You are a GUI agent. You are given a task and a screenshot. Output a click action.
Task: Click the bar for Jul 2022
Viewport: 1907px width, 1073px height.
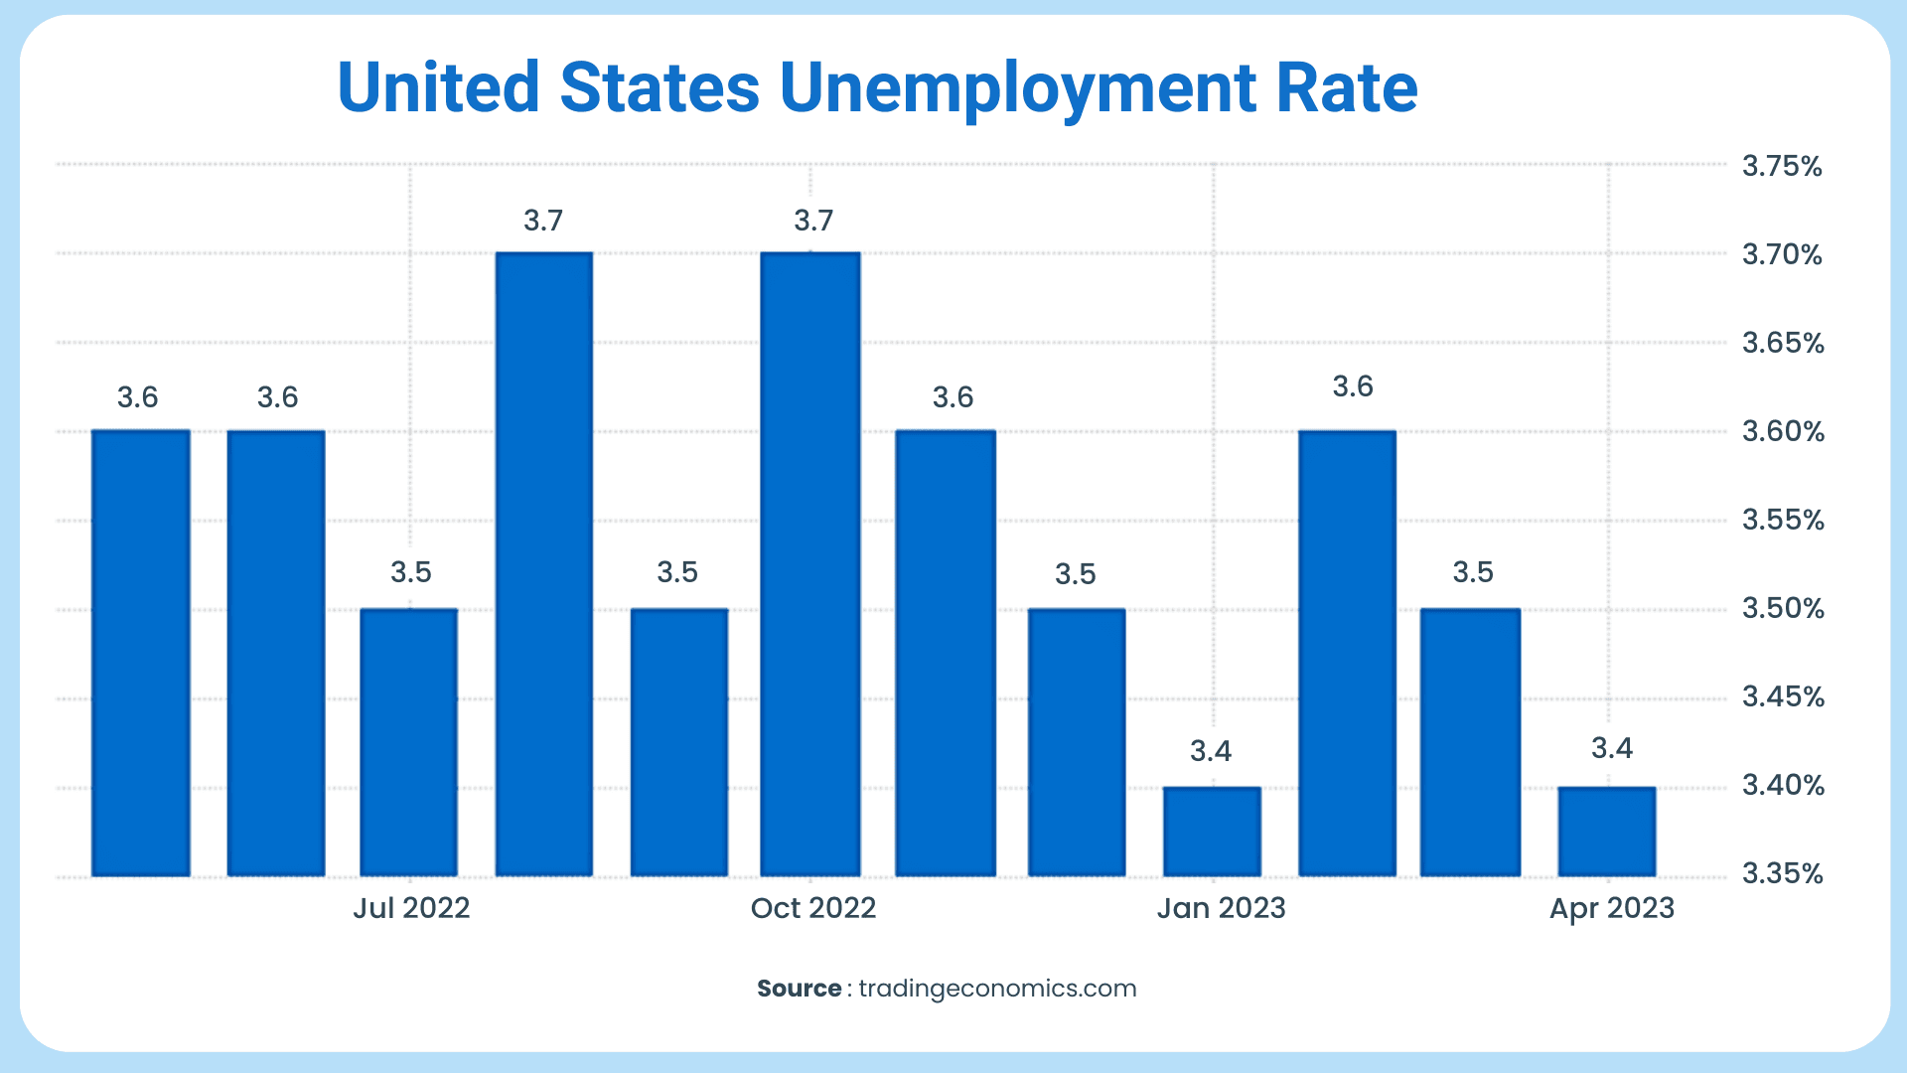pos(409,742)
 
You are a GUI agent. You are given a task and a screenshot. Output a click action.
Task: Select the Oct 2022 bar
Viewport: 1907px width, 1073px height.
pos(810,564)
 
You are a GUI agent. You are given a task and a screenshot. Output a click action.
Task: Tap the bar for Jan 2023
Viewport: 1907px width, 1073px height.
pos(1212,832)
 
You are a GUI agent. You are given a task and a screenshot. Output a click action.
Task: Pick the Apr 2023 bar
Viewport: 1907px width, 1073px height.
pos(1607,832)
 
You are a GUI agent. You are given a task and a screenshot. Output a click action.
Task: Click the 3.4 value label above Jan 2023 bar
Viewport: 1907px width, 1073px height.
pos(1211,752)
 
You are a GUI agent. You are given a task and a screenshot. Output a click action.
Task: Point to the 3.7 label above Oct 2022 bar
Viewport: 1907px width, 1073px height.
pos(812,221)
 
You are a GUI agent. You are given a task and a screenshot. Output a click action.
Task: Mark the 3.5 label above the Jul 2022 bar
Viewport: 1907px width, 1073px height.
pos(410,572)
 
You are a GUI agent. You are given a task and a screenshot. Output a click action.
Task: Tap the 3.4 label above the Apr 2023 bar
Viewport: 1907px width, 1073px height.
pos(1611,748)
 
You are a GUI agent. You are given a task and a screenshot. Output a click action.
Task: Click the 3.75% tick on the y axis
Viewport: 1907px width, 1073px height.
pos(1782,166)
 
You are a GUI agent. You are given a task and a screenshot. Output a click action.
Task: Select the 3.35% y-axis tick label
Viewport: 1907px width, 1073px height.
pos(1782,874)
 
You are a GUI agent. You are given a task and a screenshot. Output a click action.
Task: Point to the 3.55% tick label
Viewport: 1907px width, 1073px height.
pos(1783,521)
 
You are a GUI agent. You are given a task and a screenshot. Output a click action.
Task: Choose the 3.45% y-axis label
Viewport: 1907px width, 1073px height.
pos(1783,697)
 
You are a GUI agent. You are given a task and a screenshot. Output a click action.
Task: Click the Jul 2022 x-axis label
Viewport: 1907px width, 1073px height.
pos(411,908)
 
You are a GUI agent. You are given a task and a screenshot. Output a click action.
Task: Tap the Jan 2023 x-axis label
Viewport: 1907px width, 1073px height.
pos(1221,908)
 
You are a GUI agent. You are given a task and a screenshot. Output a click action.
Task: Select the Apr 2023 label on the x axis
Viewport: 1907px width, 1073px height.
pos(1612,908)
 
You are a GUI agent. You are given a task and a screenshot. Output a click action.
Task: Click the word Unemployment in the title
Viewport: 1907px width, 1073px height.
pos(1018,89)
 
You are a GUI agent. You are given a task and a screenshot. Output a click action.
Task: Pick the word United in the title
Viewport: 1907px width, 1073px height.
pos(438,87)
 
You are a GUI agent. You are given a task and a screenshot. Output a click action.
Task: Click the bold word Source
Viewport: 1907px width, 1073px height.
pos(799,989)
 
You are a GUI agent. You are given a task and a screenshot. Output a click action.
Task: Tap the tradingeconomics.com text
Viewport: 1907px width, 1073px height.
pos(997,989)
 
